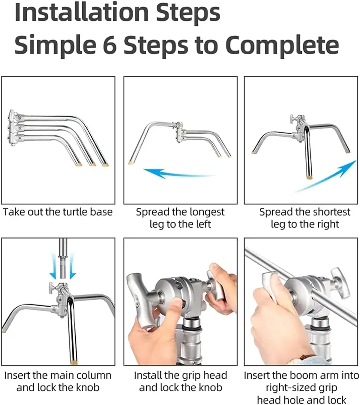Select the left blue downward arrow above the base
click(53, 266)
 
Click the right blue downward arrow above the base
click(72, 266)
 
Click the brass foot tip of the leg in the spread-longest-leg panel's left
click(130, 163)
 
